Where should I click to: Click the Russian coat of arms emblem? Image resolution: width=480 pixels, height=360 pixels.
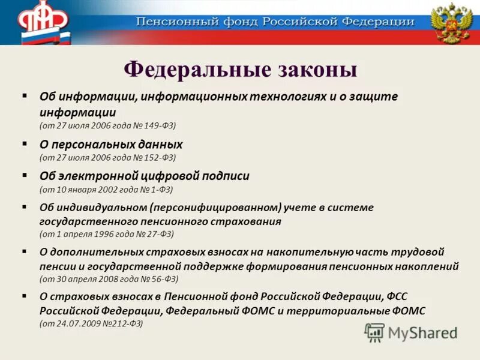point(451,22)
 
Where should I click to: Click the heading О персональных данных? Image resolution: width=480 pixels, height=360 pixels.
point(111,145)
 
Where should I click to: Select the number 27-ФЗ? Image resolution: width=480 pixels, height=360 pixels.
point(158,233)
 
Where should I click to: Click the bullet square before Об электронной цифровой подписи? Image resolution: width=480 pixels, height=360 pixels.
point(25,175)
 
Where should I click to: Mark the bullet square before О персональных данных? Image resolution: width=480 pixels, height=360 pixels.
point(25,144)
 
